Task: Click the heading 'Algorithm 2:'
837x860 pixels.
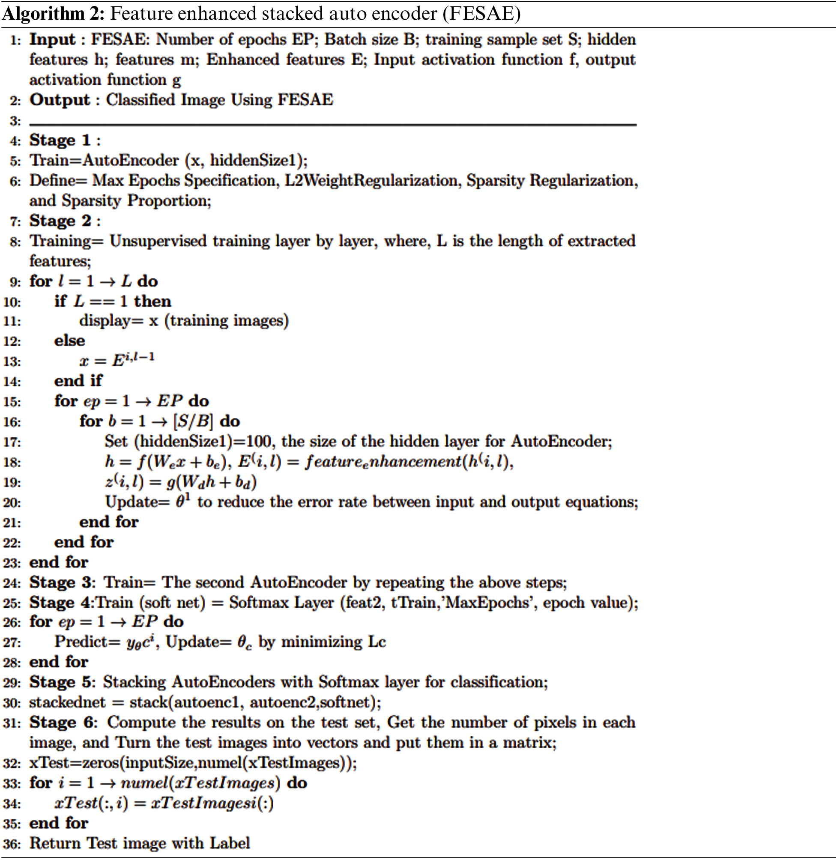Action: click(x=53, y=14)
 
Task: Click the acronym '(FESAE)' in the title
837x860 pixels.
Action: click(x=481, y=14)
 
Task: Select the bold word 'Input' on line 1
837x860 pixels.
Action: click(x=52, y=39)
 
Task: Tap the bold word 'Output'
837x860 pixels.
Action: click(x=60, y=100)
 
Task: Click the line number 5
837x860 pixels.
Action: click(x=15, y=161)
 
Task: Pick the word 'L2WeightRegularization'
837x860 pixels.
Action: click(x=371, y=181)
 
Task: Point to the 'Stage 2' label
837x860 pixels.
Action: click(x=60, y=221)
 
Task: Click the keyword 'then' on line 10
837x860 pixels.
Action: click(x=152, y=302)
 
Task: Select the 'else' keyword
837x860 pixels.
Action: click(x=69, y=340)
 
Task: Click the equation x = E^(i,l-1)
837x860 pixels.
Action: click(x=117, y=360)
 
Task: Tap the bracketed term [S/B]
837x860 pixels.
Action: click(x=193, y=421)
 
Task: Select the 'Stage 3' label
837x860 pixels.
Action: click(x=61, y=583)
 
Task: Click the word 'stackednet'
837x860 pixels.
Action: click(x=67, y=702)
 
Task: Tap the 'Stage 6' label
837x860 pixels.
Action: click(x=61, y=723)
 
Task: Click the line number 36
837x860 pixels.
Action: click(x=12, y=844)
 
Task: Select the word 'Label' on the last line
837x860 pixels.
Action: click(x=230, y=843)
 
